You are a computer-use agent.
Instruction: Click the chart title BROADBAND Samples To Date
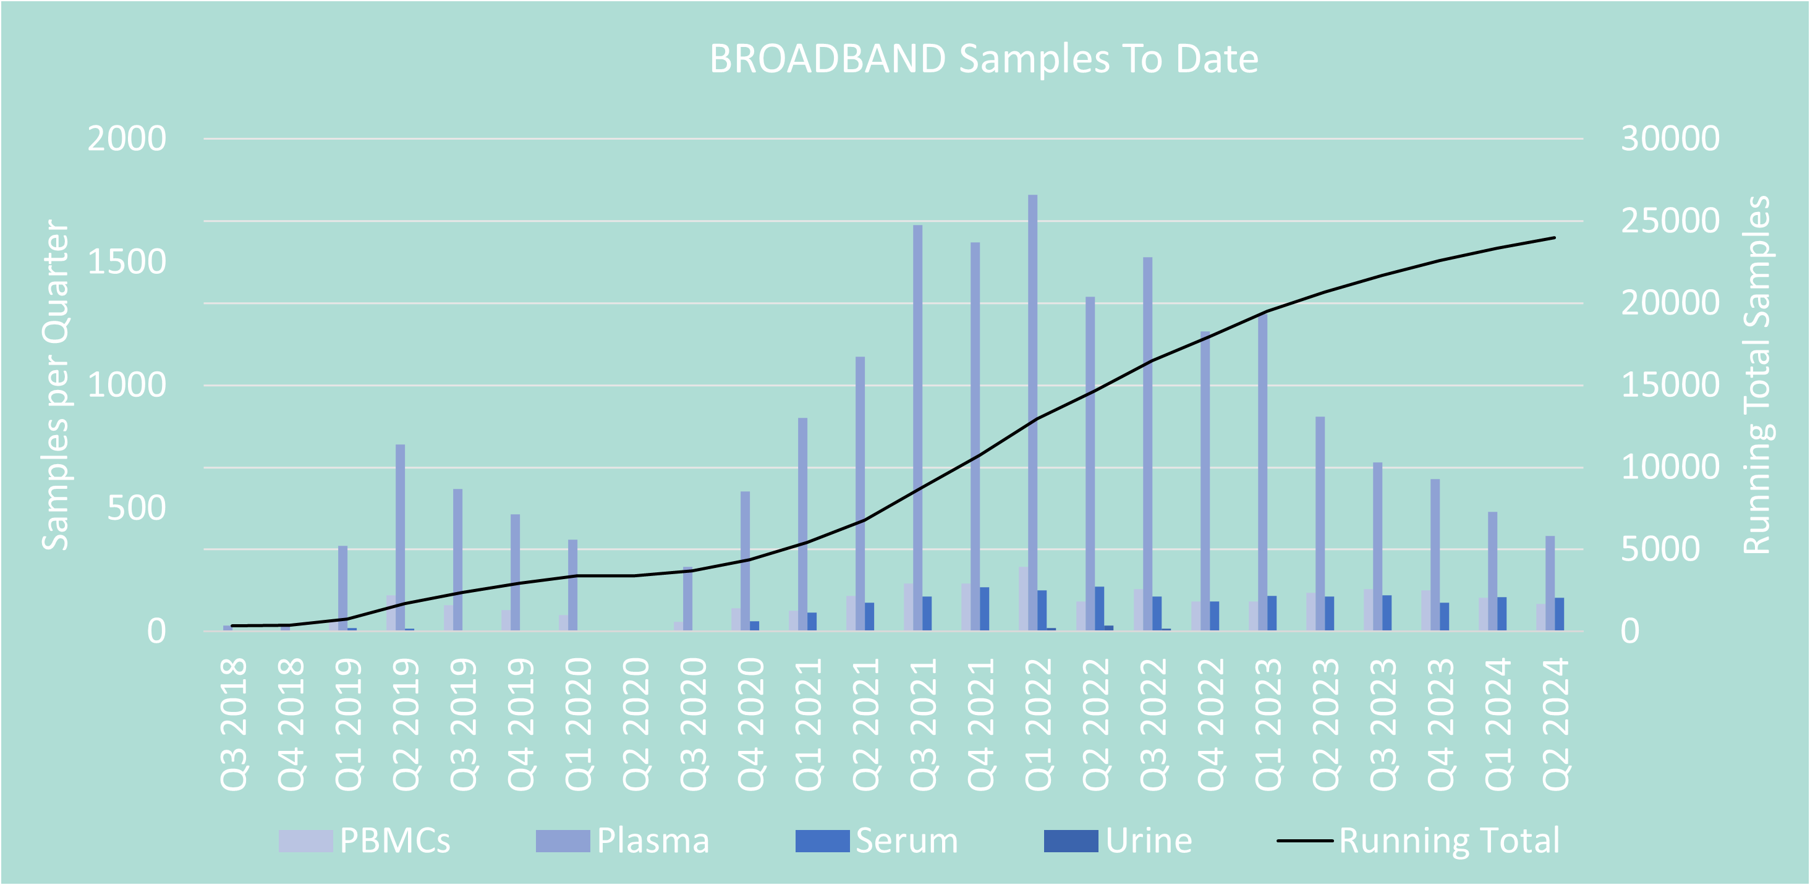pos(983,58)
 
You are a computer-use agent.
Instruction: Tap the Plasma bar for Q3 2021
pos(917,428)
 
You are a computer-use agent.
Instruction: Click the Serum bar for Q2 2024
pos(1559,614)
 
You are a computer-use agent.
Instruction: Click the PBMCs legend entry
pos(365,841)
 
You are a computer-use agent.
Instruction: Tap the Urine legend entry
pos(1119,841)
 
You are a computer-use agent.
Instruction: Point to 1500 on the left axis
pos(127,262)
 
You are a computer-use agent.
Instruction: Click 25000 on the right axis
pos(1670,221)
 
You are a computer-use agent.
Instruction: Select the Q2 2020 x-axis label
pos(636,724)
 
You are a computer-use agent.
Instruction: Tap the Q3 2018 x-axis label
pos(234,724)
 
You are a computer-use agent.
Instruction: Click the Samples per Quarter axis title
pos(55,384)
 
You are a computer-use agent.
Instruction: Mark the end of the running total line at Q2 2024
pos(1554,238)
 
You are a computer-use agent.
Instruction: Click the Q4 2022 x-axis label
pos(1210,724)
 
